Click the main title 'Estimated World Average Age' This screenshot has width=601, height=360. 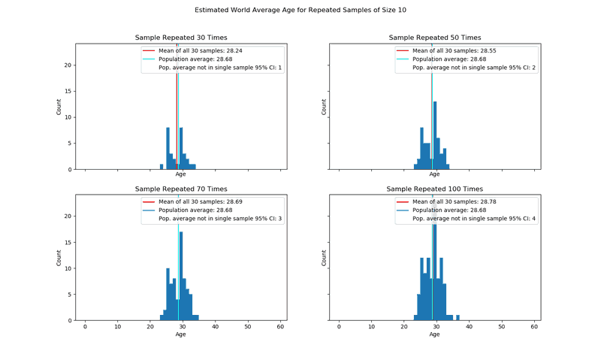300,11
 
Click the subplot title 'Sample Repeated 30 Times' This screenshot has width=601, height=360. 181,38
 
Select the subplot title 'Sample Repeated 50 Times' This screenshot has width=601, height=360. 434,38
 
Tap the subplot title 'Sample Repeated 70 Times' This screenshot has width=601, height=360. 181,189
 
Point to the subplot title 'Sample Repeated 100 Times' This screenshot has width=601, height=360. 434,189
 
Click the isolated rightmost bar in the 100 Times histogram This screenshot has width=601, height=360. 458,317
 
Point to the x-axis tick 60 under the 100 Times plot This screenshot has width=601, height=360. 534,327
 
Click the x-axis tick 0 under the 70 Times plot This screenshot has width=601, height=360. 85,327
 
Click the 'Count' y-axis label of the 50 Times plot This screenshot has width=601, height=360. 325,107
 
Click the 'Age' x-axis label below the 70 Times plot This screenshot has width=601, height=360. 181,334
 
